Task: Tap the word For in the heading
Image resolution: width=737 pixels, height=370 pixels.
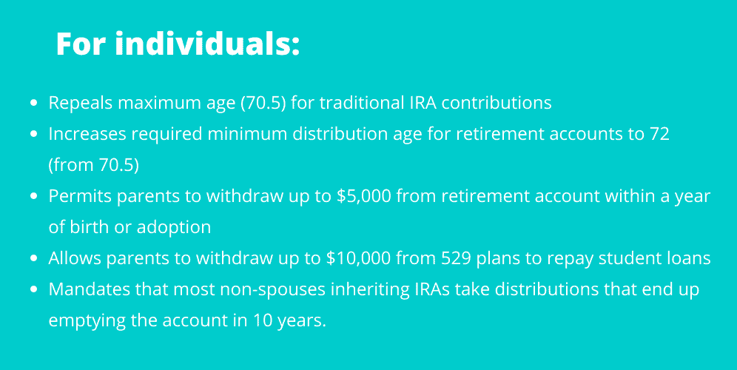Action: tap(82, 44)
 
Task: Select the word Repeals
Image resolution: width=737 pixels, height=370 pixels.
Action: tap(80, 103)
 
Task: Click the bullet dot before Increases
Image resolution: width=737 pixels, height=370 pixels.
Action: tap(33, 134)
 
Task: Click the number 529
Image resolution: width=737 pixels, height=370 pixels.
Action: tap(460, 258)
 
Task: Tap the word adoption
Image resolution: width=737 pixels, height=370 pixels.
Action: tap(173, 228)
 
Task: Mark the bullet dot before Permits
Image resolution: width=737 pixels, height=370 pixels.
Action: tap(33, 196)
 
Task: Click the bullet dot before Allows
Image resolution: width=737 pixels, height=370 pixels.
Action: tap(33, 258)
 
